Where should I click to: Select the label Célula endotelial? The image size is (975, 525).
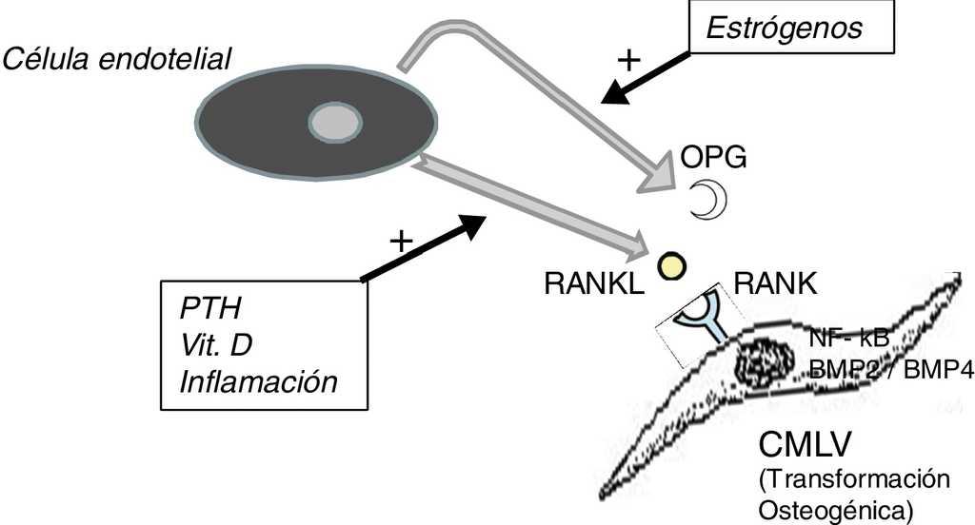(x=118, y=59)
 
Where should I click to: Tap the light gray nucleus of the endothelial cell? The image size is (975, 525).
(x=335, y=123)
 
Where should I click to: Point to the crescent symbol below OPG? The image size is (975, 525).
(x=708, y=200)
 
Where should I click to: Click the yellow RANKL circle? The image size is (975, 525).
(x=671, y=266)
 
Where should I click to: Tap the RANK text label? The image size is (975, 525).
(x=773, y=283)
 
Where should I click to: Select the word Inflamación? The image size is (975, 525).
(x=259, y=381)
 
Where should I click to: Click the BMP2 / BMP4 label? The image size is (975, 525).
(x=890, y=370)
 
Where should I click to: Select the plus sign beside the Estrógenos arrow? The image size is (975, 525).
(x=628, y=60)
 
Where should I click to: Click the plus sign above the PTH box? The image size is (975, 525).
(x=401, y=241)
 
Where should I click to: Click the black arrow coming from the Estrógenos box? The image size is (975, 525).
(x=648, y=77)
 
